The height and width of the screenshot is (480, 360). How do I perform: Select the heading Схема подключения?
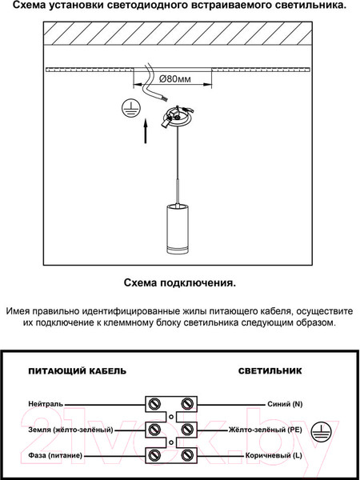click(x=180, y=282)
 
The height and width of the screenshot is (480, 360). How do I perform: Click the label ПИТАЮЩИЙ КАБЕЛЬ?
click(x=77, y=371)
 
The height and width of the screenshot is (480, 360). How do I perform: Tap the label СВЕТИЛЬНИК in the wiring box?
click(x=270, y=371)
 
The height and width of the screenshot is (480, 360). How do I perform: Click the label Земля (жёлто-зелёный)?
click(x=70, y=430)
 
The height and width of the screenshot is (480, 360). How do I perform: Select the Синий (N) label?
click(x=284, y=404)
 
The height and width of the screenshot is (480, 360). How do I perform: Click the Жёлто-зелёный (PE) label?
click(x=265, y=430)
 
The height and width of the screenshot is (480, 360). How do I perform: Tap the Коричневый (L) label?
click(x=273, y=455)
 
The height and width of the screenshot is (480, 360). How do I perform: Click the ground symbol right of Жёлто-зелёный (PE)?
click(x=319, y=429)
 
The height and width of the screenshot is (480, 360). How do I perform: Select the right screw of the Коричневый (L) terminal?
click(x=187, y=455)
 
